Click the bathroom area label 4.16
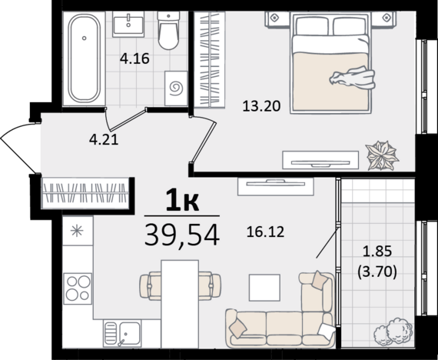click(134, 58)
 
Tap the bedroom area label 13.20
click(261, 106)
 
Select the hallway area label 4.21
click(104, 139)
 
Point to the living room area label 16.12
click(265, 232)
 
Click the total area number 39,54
click(182, 235)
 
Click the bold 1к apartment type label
click(182, 200)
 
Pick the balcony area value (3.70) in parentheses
click(377, 272)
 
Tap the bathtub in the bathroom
click(84, 58)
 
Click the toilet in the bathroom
click(168, 31)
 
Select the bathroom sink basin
click(128, 24)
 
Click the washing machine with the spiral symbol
click(176, 88)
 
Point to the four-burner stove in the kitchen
click(78, 288)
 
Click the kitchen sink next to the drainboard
click(130, 334)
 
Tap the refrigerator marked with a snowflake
click(78, 231)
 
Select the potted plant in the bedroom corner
click(382, 156)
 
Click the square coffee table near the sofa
click(264, 288)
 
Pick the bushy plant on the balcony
click(393, 332)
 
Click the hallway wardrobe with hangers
click(85, 193)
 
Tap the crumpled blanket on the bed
click(352, 78)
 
